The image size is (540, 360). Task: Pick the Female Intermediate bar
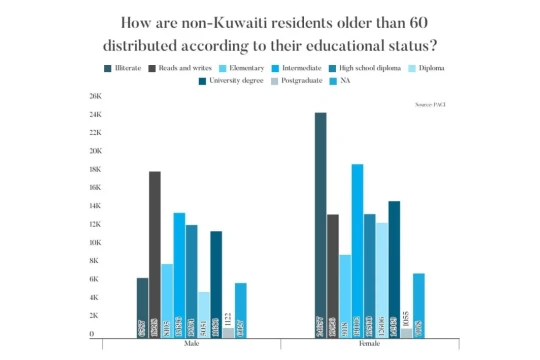tap(357, 250)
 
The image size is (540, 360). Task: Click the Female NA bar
tap(419, 304)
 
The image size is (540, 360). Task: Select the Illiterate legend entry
tap(127, 68)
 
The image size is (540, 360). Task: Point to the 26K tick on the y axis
tap(96, 97)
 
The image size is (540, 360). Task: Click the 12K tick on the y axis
tap(96, 225)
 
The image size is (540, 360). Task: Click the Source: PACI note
tap(427, 104)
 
